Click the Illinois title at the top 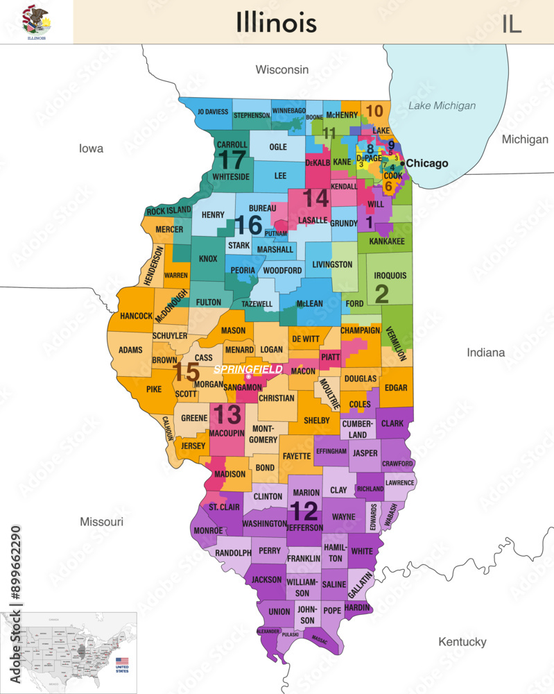point(276,22)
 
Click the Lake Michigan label point(442,105)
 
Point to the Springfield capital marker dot point(248,377)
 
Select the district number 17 point(232,160)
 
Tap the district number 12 point(304,511)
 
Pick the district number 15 point(187,372)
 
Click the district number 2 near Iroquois point(381,294)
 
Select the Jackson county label point(267,579)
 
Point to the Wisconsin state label point(282,69)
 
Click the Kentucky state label point(462,642)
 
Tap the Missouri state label point(101,521)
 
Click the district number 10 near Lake point(374,111)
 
